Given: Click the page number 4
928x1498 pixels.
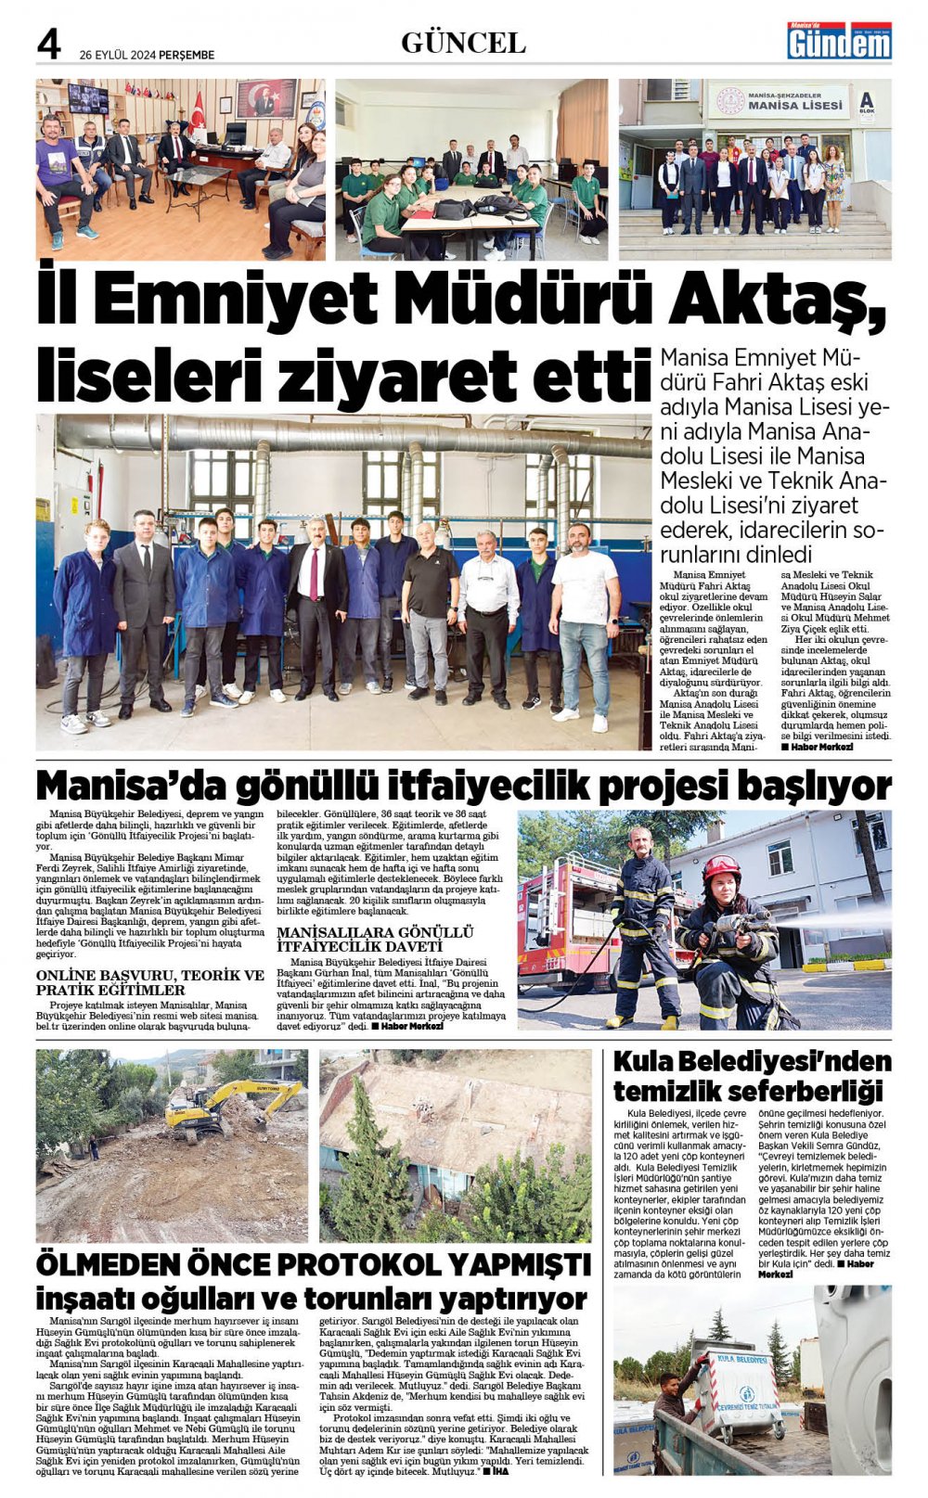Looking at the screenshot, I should point(48,44).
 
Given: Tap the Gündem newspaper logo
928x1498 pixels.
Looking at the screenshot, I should point(839,41).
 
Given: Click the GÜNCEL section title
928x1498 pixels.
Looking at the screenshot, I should point(463,43).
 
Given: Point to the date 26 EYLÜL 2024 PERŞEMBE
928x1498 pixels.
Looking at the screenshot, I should point(147,55).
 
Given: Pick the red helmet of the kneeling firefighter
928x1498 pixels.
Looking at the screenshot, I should point(721,868).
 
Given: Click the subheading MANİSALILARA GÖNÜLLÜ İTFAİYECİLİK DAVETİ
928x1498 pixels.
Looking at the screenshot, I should point(375,938).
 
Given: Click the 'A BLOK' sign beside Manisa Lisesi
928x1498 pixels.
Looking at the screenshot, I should point(867,101).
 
